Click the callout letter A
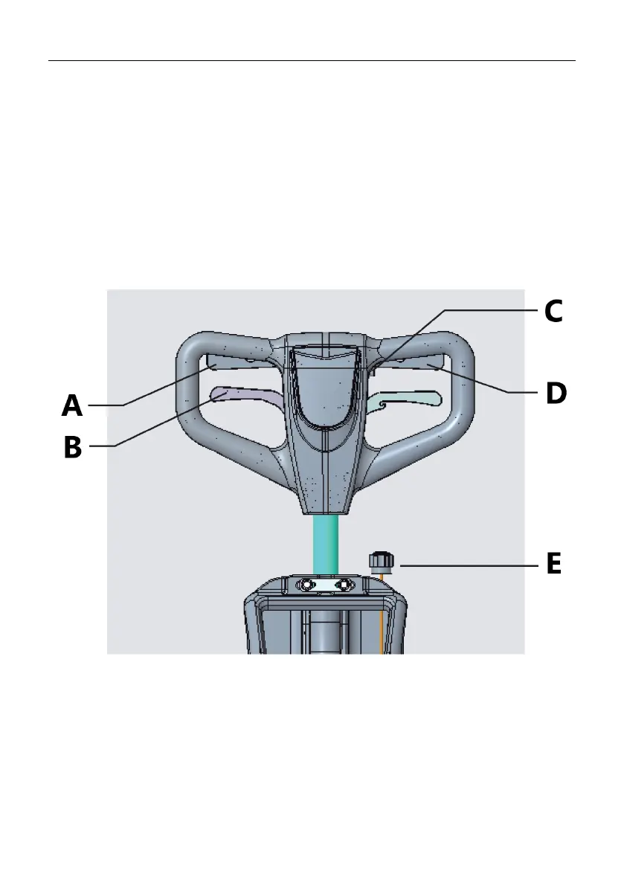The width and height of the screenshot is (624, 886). pyautogui.click(x=72, y=405)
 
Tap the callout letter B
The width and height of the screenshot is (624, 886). pyautogui.click(x=72, y=447)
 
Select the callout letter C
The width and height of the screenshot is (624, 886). pyautogui.click(x=553, y=311)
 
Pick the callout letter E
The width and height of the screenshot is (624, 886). pyautogui.click(x=553, y=564)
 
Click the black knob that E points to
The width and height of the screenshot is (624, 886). pyautogui.click(x=380, y=559)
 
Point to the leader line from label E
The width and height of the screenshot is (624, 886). pyautogui.click(x=469, y=566)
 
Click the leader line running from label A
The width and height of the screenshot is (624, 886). pyautogui.click(x=164, y=387)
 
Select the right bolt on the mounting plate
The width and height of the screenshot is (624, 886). pyautogui.click(x=344, y=586)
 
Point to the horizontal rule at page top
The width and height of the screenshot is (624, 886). pyautogui.click(x=312, y=61)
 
